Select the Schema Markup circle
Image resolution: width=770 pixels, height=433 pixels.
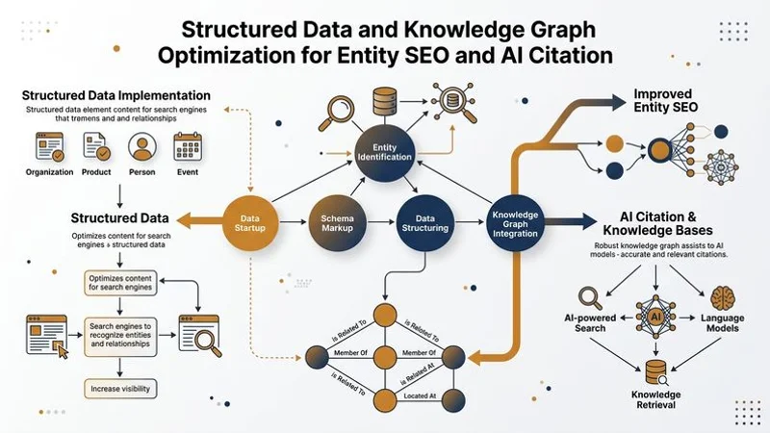coord(336,221)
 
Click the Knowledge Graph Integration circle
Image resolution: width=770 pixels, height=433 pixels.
coord(514,222)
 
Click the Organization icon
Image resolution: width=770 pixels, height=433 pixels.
coord(49,146)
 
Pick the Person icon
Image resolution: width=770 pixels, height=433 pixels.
coord(141,146)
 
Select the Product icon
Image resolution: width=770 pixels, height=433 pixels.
coord(96,146)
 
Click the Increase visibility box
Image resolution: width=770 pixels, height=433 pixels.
coord(118,389)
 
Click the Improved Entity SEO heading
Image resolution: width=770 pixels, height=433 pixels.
coord(664,103)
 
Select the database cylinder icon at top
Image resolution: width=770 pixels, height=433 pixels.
coord(385,99)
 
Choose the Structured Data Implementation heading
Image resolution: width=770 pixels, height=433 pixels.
coord(116,95)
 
